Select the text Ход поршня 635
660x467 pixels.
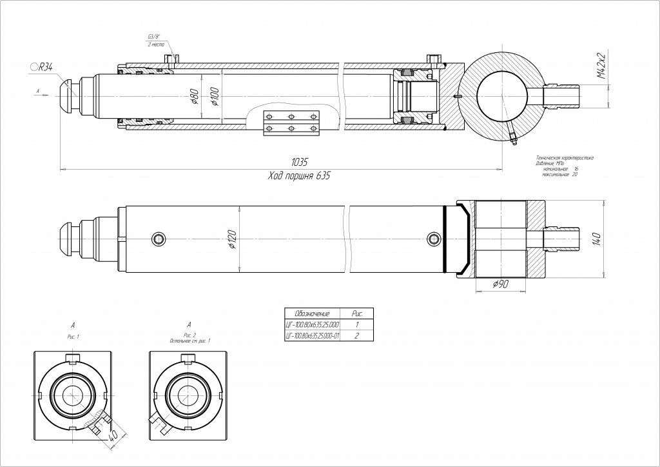click(298, 175)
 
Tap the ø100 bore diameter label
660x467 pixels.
click(214, 97)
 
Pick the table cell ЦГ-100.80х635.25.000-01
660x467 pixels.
click(312, 337)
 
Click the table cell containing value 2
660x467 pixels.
click(357, 337)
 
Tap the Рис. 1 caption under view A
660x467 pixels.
click(73, 337)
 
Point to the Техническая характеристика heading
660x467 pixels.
click(565, 157)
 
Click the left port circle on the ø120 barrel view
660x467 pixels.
click(159, 239)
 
